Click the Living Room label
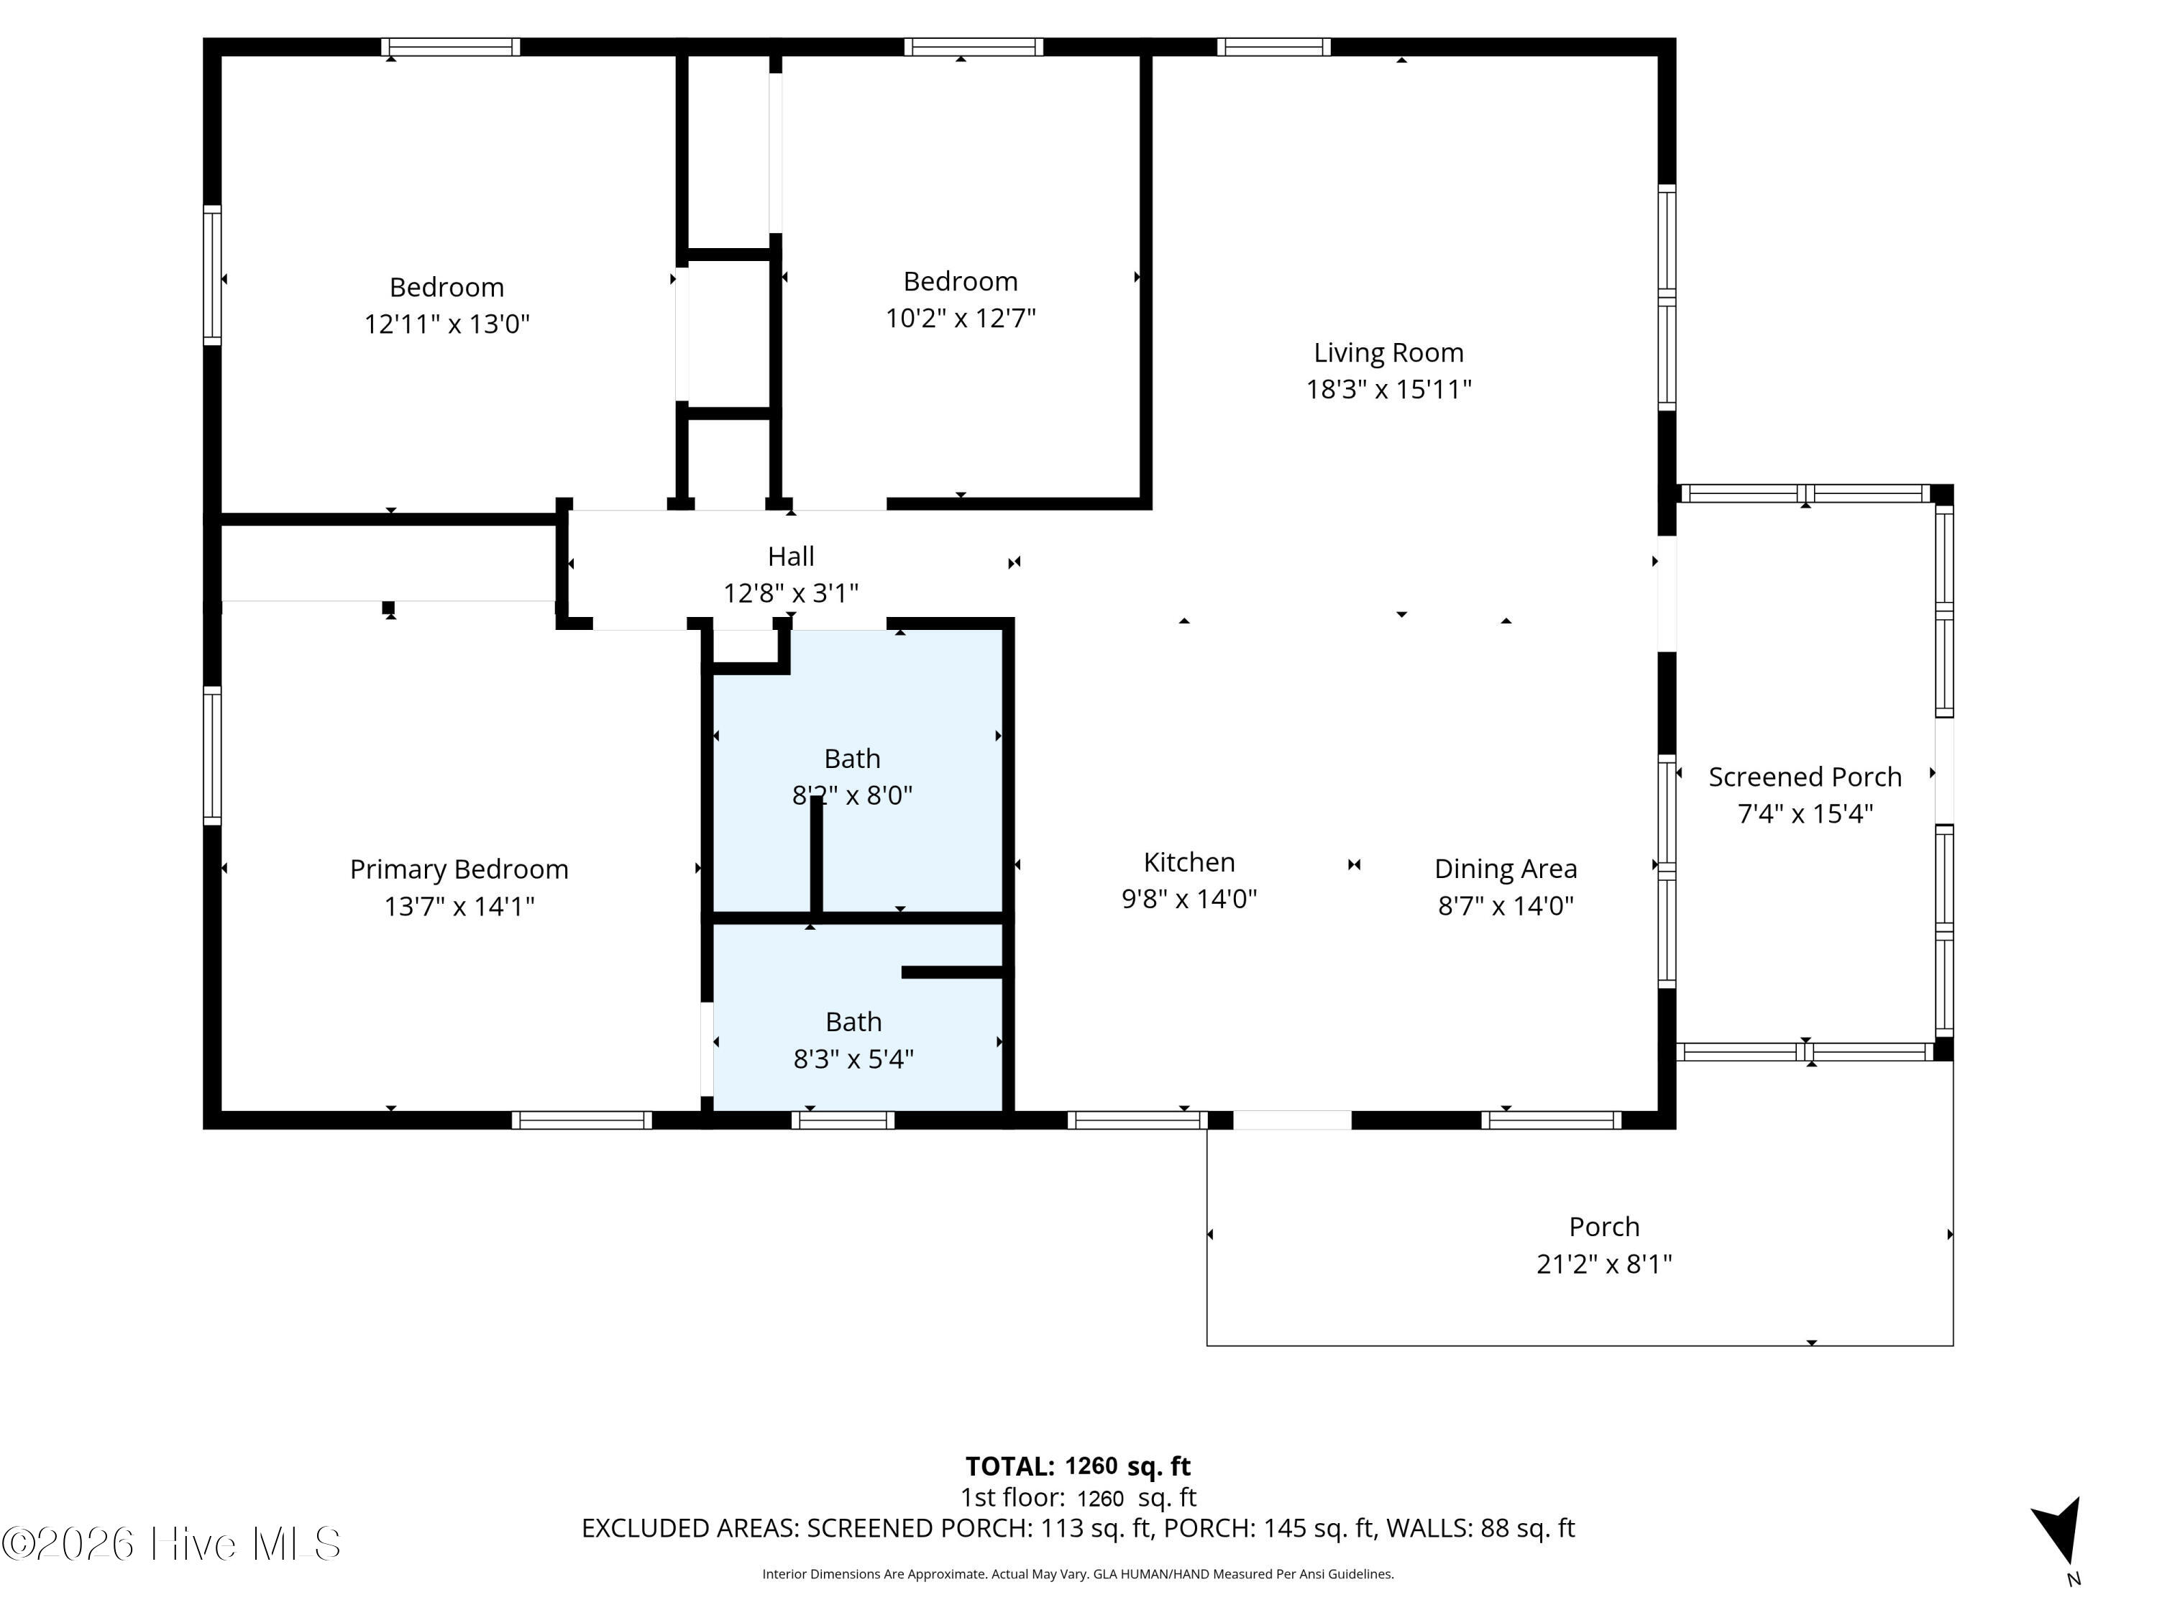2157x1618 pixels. pyautogui.click(x=1388, y=353)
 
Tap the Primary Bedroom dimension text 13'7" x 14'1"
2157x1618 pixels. pyautogui.click(x=459, y=906)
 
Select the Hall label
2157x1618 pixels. pyautogui.click(x=791, y=557)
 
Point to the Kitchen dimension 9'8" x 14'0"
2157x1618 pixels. pyautogui.click(x=1190, y=899)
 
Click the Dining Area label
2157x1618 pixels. pyautogui.click(x=1506, y=869)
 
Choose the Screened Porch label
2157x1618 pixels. pyautogui.click(x=1805, y=777)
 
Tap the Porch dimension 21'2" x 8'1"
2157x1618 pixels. pyautogui.click(x=1604, y=1264)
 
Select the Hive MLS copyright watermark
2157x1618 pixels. pyautogui.click(x=172, y=1544)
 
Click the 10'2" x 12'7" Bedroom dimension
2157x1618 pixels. pyautogui.click(x=961, y=318)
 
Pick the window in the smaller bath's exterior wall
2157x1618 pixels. pyautogui.click(x=843, y=1120)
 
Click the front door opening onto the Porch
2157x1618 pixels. pyautogui.click(x=1292, y=1120)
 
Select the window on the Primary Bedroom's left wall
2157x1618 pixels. pyautogui.click(x=211, y=756)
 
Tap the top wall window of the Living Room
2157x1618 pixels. pyautogui.click(x=1273, y=47)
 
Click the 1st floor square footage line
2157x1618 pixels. pyautogui.click(x=1078, y=1497)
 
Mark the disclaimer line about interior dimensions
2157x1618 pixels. pyautogui.click(x=1078, y=1574)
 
